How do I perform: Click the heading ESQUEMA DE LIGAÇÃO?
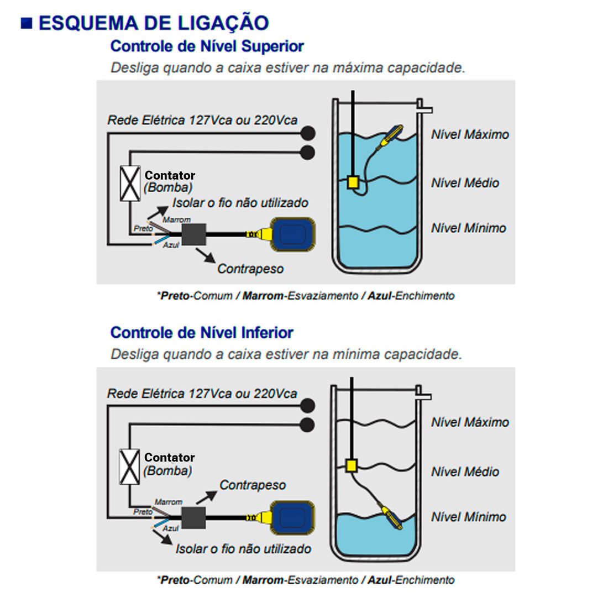pyautogui.click(x=153, y=23)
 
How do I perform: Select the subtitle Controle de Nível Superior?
pyautogui.click(x=207, y=46)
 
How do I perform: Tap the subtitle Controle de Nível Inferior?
pyautogui.click(x=201, y=333)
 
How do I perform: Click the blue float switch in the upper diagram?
pyautogui.click(x=293, y=234)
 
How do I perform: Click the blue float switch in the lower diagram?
pyautogui.click(x=293, y=518)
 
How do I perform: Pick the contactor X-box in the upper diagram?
pyautogui.click(x=130, y=184)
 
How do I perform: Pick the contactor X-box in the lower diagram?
pyautogui.click(x=130, y=467)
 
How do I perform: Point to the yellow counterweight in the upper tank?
pyautogui.click(x=353, y=182)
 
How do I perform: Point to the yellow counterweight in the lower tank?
pyautogui.click(x=350, y=466)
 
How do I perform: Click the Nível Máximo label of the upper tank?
pyautogui.click(x=470, y=134)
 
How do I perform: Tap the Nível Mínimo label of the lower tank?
pyautogui.click(x=468, y=517)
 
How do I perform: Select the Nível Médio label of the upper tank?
pyautogui.click(x=465, y=183)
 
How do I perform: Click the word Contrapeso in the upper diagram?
pyautogui.click(x=250, y=269)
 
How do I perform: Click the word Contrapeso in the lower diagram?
pyautogui.click(x=253, y=485)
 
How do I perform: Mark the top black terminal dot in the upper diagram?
pyautogui.click(x=308, y=133)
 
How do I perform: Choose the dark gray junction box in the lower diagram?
pyautogui.click(x=193, y=518)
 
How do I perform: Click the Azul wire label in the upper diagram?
pyautogui.click(x=171, y=245)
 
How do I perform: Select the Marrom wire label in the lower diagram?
pyautogui.click(x=168, y=502)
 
